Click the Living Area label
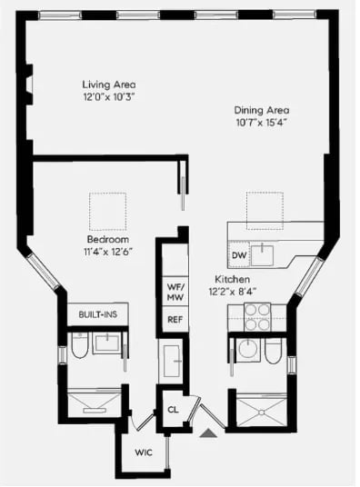pyautogui.click(x=109, y=84)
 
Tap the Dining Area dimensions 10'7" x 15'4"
pyautogui.click(x=261, y=123)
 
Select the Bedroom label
pyautogui.click(x=108, y=240)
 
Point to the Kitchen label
pyautogui.click(x=232, y=279)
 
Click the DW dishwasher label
pyautogui.click(x=239, y=255)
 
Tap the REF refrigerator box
pyautogui.click(x=175, y=320)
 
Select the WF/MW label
pyautogui.click(x=175, y=292)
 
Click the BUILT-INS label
pyautogui.click(x=98, y=314)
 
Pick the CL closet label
pyautogui.click(x=173, y=410)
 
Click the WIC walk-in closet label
pyautogui.click(x=144, y=452)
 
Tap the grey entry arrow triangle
pyautogui.click(x=208, y=433)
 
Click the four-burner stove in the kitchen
pyautogui.click(x=257, y=317)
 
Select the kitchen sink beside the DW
pyautogui.click(x=263, y=255)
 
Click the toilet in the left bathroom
pyautogui.click(x=80, y=345)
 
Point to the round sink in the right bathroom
pyautogui.click(x=248, y=350)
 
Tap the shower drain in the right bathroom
pyautogui.click(x=262, y=412)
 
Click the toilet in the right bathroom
pyautogui.click(x=274, y=351)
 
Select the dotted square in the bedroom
pyautogui.click(x=108, y=211)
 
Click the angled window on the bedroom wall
pyautogui.click(x=44, y=272)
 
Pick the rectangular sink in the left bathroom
pyautogui.click(x=107, y=343)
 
